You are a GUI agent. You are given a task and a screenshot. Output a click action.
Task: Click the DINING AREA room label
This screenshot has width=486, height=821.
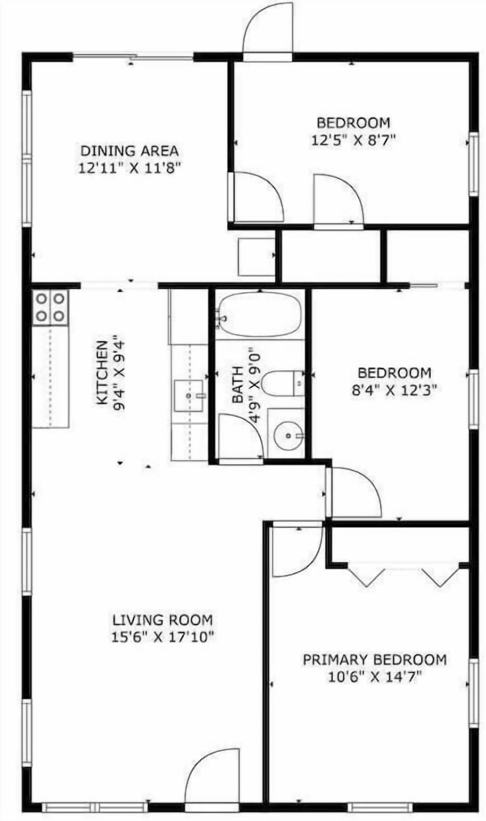click(130, 150)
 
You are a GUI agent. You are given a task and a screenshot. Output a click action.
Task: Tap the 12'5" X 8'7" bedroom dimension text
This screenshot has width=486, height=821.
click(353, 140)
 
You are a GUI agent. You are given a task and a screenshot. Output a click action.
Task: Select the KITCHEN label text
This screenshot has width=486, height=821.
click(102, 372)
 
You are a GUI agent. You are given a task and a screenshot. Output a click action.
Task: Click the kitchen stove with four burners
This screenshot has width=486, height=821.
click(51, 307)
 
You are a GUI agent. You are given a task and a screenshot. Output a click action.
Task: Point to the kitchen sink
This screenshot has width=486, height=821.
click(188, 396)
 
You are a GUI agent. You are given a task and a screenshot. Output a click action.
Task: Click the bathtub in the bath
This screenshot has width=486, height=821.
click(260, 315)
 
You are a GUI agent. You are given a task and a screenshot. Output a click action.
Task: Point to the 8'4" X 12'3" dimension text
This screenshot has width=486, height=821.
click(394, 390)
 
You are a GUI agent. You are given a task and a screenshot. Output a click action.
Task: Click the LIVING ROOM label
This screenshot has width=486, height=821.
click(163, 620)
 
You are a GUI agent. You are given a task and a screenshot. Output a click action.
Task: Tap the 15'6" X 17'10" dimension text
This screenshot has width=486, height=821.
click(163, 637)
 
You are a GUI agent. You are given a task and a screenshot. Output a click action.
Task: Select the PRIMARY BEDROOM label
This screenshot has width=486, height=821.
click(375, 659)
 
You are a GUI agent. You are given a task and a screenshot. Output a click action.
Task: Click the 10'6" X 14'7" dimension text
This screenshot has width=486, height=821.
click(375, 676)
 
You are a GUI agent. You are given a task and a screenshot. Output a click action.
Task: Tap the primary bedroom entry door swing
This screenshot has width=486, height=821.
click(296, 551)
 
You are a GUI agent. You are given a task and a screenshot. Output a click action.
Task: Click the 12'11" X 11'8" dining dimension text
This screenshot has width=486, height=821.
click(130, 167)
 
